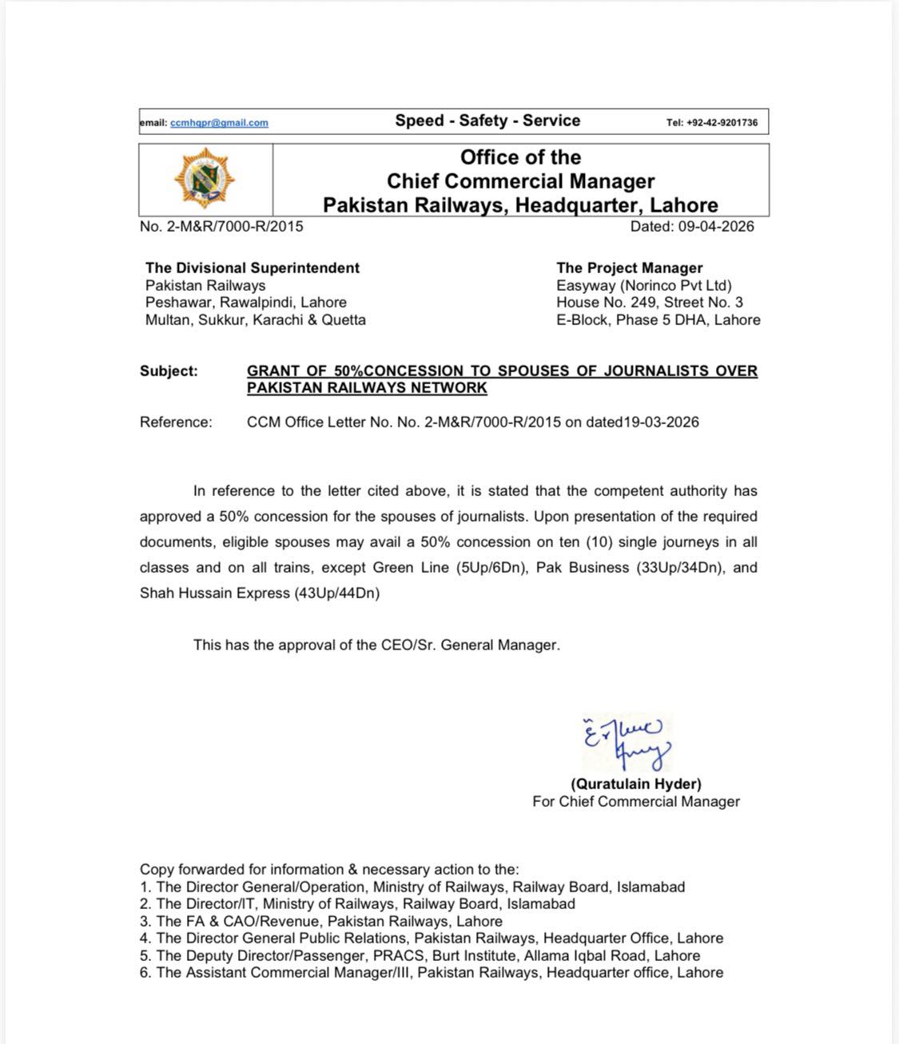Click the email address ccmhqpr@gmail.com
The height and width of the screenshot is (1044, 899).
pos(219,123)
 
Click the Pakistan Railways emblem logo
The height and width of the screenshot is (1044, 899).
pos(205,179)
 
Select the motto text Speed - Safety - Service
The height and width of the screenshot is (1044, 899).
pos(487,121)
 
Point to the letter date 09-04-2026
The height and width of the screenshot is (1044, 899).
pos(716,226)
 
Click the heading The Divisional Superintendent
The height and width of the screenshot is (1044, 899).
pos(253,268)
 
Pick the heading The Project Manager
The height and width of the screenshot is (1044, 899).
pos(630,268)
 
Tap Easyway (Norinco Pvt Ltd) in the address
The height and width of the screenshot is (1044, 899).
pos(644,285)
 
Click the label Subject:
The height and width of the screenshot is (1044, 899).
pos(169,371)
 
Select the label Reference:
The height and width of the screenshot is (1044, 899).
pos(176,422)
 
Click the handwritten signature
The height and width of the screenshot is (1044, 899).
pos(627,742)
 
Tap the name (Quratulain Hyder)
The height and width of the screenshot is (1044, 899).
pos(636,784)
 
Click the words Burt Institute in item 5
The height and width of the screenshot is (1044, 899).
pos(473,955)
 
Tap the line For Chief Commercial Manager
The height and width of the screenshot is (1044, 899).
pos(636,801)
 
